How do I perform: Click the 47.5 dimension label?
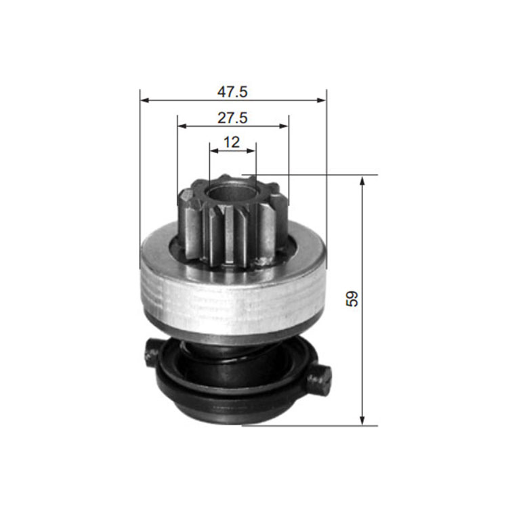[232, 91]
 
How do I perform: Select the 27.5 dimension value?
[232, 118]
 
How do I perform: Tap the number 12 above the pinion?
[232, 142]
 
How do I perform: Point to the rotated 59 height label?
[352, 299]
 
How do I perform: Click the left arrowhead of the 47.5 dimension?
[144, 100]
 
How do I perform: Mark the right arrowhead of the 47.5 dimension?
[322, 100]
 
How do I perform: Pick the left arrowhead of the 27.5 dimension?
[182, 126]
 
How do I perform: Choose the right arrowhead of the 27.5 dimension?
[284, 126]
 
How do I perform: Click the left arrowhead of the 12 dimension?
[214, 150]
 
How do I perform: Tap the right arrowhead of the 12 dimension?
[251, 150]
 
